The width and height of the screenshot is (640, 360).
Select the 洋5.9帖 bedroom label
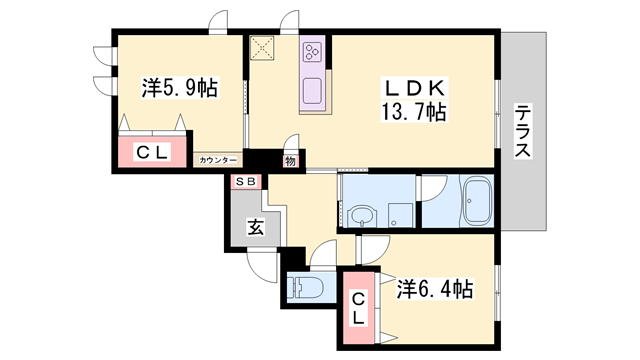pos(179,88)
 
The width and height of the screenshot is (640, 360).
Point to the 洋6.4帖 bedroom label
pos(434,289)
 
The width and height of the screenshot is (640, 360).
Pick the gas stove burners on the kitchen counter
pos(313,50)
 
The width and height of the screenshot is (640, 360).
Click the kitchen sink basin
pos(312,90)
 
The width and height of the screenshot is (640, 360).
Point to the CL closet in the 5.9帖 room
pos(152,152)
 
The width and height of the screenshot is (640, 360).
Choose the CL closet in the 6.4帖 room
pos(358,305)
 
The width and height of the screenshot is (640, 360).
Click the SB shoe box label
pos(246,181)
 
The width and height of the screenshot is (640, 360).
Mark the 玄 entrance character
pos(256,227)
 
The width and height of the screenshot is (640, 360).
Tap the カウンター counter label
pos(218,160)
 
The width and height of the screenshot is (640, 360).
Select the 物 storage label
pos(290,159)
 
